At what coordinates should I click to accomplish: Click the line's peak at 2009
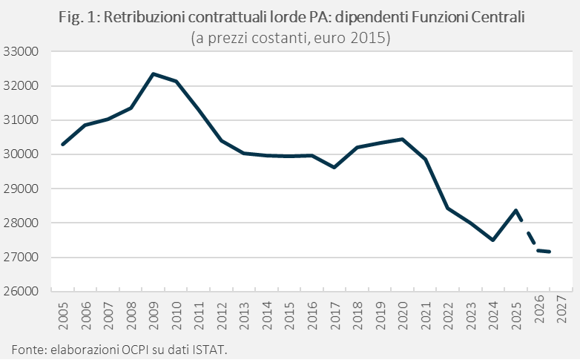(154, 74)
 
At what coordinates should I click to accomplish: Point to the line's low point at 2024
(493, 240)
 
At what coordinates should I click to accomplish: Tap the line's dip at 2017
(335, 168)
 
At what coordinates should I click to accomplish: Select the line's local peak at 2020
(403, 140)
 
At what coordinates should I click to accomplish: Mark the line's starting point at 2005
(63, 145)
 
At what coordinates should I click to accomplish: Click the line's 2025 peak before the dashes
(515, 210)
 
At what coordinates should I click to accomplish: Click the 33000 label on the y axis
(21, 51)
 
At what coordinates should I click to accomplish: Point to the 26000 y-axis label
(21, 291)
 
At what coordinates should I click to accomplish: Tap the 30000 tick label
(21, 154)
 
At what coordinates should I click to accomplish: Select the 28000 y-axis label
(21, 223)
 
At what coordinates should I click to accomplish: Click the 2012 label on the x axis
(222, 316)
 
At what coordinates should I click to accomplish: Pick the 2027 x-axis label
(561, 309)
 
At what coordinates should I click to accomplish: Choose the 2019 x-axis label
(380, 316)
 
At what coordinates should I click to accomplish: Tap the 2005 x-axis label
(63, 316)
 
